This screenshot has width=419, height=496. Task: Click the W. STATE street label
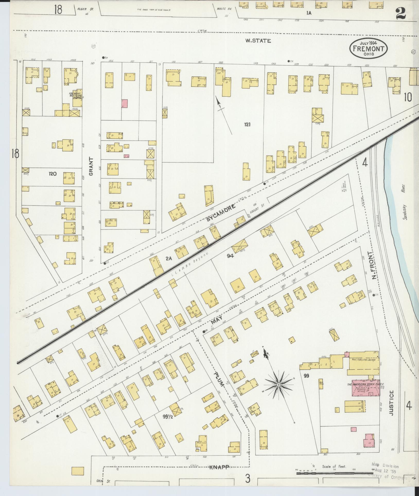point(258,41)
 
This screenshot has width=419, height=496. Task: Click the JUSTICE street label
point(391,406)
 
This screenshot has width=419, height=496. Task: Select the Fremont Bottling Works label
point(75,95)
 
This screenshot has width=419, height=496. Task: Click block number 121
point(247,125)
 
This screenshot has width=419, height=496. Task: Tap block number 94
point(230,256)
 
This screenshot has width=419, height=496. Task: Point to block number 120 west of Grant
point(53,174)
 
